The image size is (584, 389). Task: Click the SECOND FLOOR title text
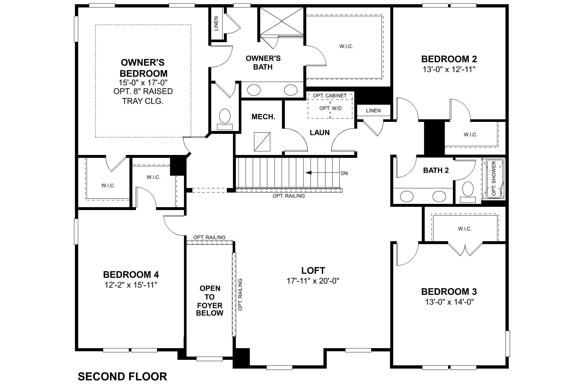coord(122,376)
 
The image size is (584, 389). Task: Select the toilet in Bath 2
coord(468,190)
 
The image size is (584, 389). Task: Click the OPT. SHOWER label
coord(494,179)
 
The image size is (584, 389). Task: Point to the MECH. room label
coord(263,117)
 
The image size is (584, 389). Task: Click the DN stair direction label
coord(344,173)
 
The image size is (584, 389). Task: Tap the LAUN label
coord(320,133)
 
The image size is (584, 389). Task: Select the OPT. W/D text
coord(330,108)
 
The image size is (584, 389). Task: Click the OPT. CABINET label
coord(330,96)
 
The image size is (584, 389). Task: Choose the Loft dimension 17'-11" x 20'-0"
coord(313,281)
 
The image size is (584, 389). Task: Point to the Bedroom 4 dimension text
coord(131,285)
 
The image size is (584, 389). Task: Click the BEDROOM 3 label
coord(449,291)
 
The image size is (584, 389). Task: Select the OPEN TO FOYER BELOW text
coord(210,301)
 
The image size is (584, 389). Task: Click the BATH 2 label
coord(436,171)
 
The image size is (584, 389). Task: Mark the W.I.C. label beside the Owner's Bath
coord(346,46)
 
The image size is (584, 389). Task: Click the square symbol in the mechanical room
coord(262,142)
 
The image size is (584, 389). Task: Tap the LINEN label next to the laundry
coord(373,111)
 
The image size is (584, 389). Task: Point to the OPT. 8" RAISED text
coord(143,91)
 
